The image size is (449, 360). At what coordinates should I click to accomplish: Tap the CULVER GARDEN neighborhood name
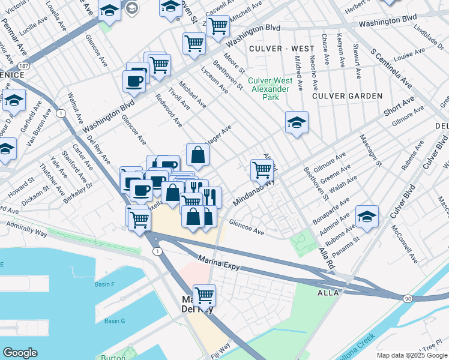(348, 96)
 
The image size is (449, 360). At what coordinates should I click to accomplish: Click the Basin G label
(114, 321)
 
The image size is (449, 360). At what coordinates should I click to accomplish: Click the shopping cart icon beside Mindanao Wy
(262, 170)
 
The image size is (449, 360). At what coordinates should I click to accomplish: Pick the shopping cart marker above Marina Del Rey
(205, 295)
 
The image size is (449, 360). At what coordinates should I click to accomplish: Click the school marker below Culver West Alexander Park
(297, 122)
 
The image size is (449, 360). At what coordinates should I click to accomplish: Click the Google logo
(20, 353)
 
